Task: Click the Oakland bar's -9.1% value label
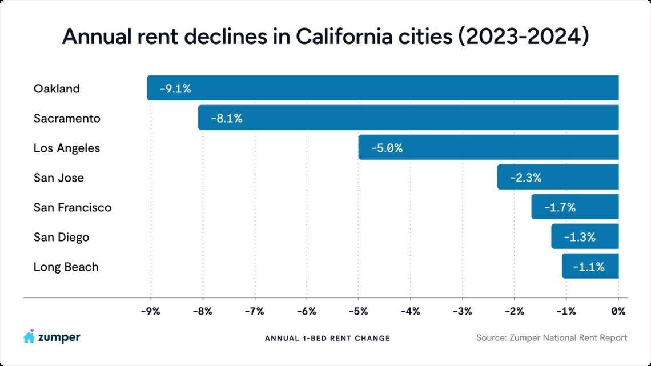175,89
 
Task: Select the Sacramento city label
67,118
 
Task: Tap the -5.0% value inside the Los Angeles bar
387,148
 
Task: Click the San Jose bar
557,177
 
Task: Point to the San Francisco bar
574,207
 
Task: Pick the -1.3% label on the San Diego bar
579,237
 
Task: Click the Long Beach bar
590,266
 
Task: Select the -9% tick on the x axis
150,312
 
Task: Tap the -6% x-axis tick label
306,312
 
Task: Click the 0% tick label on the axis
618,312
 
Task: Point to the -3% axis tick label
462,312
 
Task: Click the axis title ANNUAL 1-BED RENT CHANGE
327,338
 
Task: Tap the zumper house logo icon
29,337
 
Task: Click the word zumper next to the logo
59,337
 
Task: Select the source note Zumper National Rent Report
552,338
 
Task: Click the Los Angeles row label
67,148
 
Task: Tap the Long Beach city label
66,267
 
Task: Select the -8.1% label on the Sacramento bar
226,118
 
